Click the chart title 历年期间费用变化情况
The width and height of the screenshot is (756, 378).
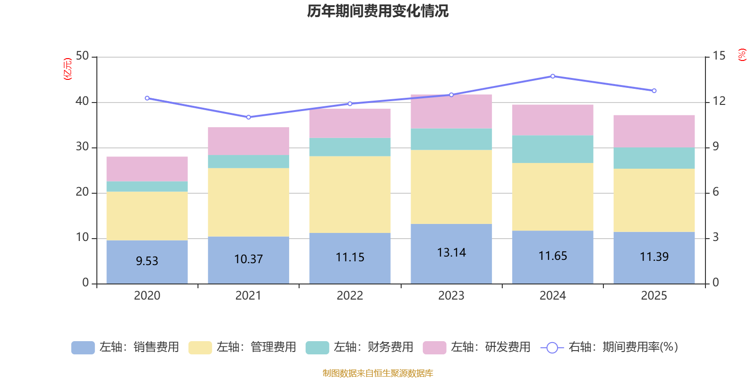click(378, 11)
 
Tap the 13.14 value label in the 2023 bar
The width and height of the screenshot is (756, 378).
click(451, 253)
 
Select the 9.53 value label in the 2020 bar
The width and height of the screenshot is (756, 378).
click(147, 261)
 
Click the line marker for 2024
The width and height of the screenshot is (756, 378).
click(553, 76)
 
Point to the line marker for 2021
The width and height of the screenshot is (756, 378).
click(249, 117)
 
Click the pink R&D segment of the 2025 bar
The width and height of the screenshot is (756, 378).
click(654, 131)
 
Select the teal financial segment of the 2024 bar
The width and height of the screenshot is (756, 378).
click(553, 149)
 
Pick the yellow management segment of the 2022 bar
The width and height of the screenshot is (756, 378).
click(350, 194)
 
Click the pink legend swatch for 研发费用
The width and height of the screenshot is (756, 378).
click(434, 348)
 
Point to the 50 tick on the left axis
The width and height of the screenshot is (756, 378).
click(82, 56)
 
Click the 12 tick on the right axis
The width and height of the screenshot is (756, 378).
click(719, 101)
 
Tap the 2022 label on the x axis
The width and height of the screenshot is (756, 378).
click(350, 296)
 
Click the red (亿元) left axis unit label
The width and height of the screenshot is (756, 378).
click(68, 69)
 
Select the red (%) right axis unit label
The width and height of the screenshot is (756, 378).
click(742, 55)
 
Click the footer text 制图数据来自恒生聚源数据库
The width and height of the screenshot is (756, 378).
click(378, 373)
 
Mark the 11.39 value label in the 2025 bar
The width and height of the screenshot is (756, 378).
click(654, 257)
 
